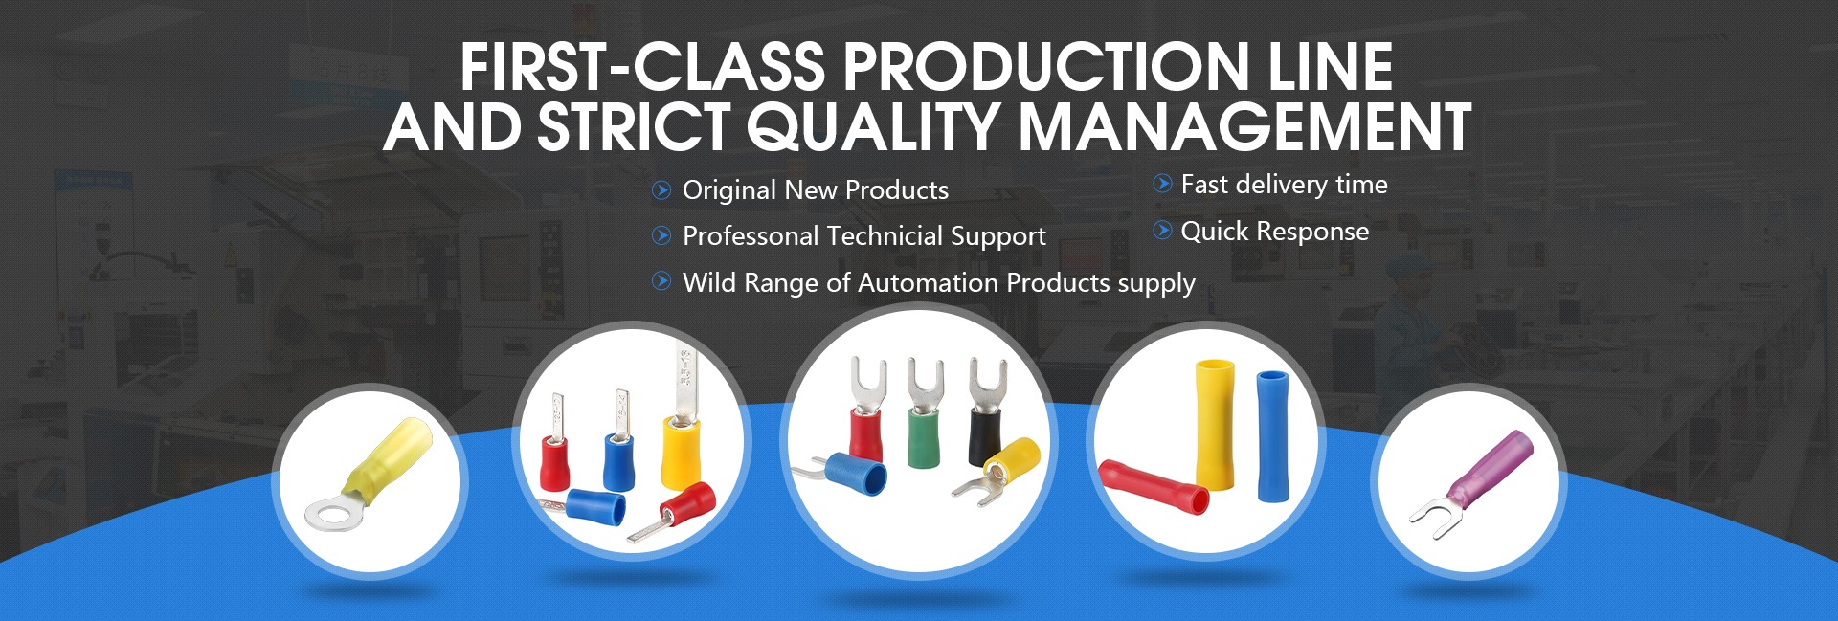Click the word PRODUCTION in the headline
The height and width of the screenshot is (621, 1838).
pyautogui.click(x=1045, y=66)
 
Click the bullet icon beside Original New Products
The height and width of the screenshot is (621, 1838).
pyautogui.click(x=661, y=189)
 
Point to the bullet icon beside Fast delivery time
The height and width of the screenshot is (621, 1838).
pyautogui.click(x=1162, y=183)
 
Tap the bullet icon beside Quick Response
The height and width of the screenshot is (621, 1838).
pyautogui.click(x=1162, y=230)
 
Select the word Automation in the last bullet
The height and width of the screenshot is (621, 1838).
pyautogui.click(x=929, y=282)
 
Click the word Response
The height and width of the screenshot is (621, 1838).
pyautogui.click(x=1313, y=233)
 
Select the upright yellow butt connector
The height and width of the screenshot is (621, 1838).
pyautogui.click(x=1215, y=425)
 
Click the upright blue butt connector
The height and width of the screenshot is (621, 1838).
pyautogui.click(x=1272, y=435)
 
